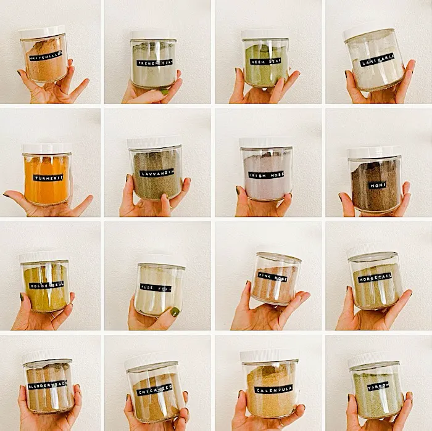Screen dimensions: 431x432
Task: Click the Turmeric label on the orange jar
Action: pyautogui.click(x=48, y=178)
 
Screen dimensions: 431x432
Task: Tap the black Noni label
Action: pyautogui.click(x=377, y=185)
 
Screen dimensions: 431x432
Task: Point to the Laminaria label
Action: pyautogui.click(x=376, y=60)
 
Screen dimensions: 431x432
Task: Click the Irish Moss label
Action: pyautogui.click(x=266, y=174)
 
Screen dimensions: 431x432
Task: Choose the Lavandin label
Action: pyautogui.click(x=156, y=173)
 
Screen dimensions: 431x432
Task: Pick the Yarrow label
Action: pyautogui.click(x=378, y=387)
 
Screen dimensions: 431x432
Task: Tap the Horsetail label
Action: pyautogui.click(x=375, y=277)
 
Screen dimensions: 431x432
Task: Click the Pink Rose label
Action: pyautogui.click(x=272, y=276)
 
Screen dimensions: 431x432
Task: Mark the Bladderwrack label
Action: pyautogui.click(x=48, y=385)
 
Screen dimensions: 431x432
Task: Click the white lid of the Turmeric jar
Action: pyautogui.click(x=46, y=149)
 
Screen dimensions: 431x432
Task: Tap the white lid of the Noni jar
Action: pyautogui.click(x=375, y=152)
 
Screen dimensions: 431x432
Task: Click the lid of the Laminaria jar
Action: pyautogui.click(x=368, y=30)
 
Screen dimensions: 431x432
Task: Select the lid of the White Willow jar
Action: pyautogui.click(x=41, y=32)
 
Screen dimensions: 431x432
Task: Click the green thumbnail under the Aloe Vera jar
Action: pyautogui.click(x=175, y=312)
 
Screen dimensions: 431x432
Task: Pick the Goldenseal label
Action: pyautogui.click(x=46, y=285)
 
